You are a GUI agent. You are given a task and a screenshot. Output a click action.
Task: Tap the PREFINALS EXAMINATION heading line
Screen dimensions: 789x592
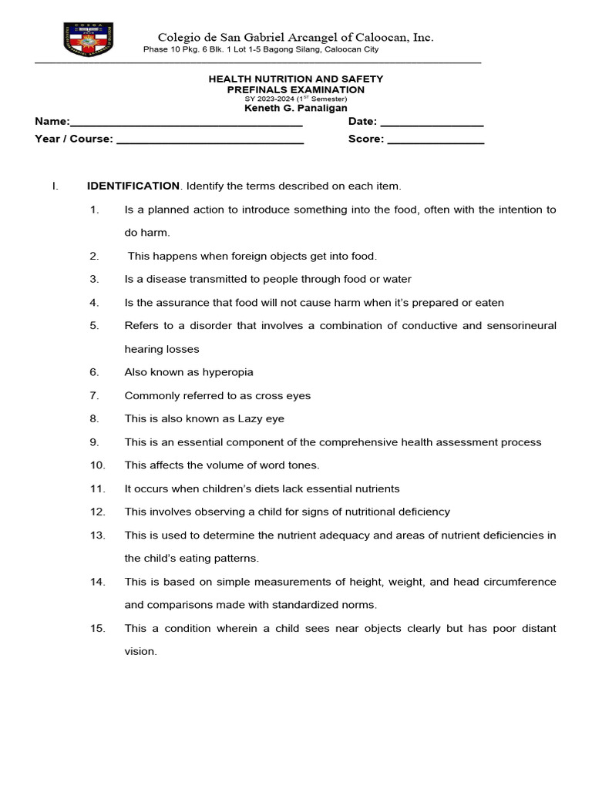click(296, 89)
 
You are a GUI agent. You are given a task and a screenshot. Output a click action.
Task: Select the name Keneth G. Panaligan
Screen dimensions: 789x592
click(296, 109)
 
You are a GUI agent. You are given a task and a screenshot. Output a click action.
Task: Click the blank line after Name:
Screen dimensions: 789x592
click(186, 123)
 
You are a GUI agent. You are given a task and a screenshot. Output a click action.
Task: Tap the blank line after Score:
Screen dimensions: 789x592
click(436, 139)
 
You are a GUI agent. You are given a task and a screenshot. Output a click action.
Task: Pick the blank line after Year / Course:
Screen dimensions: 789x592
click(210, 139)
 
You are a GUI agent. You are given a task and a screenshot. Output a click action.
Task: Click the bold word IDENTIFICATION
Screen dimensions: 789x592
click(133, 186)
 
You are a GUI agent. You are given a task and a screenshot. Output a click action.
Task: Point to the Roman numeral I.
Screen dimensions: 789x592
click(54, 186)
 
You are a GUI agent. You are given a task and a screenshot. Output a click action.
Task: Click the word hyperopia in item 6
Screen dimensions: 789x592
click(227, 372)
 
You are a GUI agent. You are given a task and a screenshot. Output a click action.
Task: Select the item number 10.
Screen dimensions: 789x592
click(97, 465)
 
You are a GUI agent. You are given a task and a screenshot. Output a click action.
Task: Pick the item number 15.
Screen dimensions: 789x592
click(97, 629)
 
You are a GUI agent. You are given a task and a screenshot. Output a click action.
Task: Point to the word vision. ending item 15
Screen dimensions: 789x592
click(140, 652)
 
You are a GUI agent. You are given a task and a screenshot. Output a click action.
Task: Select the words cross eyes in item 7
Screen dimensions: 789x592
click(285, 396)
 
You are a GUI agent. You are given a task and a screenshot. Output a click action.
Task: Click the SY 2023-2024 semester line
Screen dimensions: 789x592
click(296, 99)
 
